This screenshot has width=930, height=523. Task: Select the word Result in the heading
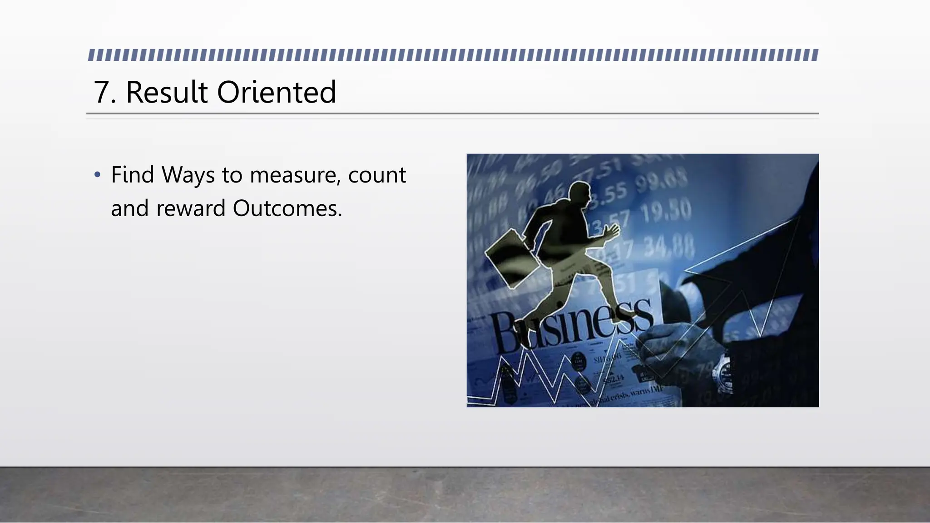pyautogui.click(x=167, y=93)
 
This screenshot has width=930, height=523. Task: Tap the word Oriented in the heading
pyautogui.click(x=277, y=93)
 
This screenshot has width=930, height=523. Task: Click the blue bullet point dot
pyautogui.click(x=97, y=175)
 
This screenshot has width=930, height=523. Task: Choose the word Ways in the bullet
pyautogui.click(x=188, y=176)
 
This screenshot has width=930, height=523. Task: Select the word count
pyautogui.click(x=377, y=176)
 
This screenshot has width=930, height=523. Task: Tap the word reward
pyautogui.click(x=191, y=209)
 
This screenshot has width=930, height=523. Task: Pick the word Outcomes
pyautogui.click(x=287, y=209)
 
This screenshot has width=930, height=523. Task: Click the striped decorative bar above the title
pyautogui.click(x=453, y=55)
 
